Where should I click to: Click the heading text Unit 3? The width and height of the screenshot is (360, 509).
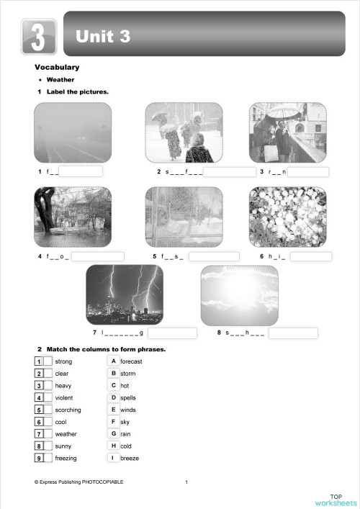coord(103,36)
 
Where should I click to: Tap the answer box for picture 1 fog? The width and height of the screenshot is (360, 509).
coord(80,172)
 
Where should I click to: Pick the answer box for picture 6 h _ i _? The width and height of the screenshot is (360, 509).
coord(310,256)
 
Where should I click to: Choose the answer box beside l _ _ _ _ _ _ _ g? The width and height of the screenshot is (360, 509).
coord(172,333)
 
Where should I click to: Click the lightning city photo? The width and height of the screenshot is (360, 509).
coord(124,294)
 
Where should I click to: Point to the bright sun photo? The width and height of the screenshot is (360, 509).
coord(239,294)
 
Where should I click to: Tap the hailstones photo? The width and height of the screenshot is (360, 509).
coord(287,217)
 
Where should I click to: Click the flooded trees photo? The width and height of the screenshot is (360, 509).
coord(73,217)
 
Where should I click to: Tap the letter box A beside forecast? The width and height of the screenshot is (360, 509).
coord(113,361)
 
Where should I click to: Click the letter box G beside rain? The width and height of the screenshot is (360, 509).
coord(113,433)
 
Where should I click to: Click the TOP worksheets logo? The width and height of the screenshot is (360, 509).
coord(335,499)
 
